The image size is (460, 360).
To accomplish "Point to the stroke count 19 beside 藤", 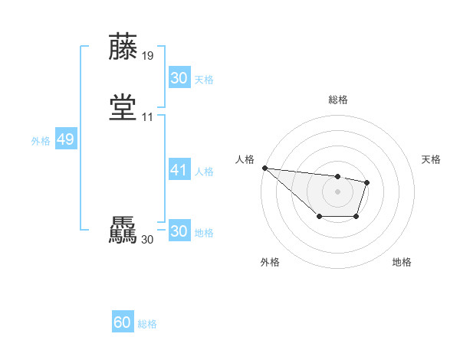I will pos(148,56).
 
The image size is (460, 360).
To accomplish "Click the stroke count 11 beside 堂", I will pos(148,117).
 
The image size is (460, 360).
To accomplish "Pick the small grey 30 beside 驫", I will pos(148,240).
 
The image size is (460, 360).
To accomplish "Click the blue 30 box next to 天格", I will pos(179,78).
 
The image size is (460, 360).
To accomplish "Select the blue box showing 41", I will pos(179,170).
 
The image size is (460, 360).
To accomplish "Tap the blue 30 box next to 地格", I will pos(179,231).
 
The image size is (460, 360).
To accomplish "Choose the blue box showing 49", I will pos(65,139).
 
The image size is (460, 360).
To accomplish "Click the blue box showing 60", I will pos(123,322).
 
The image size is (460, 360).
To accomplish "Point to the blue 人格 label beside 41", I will pos(205,172).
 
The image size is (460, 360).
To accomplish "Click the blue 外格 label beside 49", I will pos(41,141).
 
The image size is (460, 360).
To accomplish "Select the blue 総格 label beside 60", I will pos(148,324).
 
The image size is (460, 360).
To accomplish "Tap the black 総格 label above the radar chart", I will pos(338,100).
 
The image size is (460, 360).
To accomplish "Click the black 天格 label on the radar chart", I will pos(431,159).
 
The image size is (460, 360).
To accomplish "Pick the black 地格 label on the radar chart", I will pos(402,262).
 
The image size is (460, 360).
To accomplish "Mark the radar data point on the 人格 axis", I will pos(264,168).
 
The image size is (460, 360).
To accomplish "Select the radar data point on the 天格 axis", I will pos(367,182).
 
